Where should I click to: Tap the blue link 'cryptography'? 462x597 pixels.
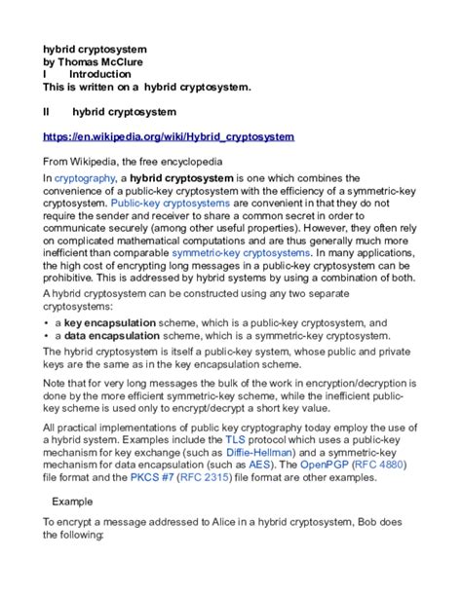84,179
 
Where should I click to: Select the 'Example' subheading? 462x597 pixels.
72,503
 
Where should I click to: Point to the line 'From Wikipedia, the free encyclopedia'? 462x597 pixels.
133,161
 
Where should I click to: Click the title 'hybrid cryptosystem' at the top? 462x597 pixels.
94,47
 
